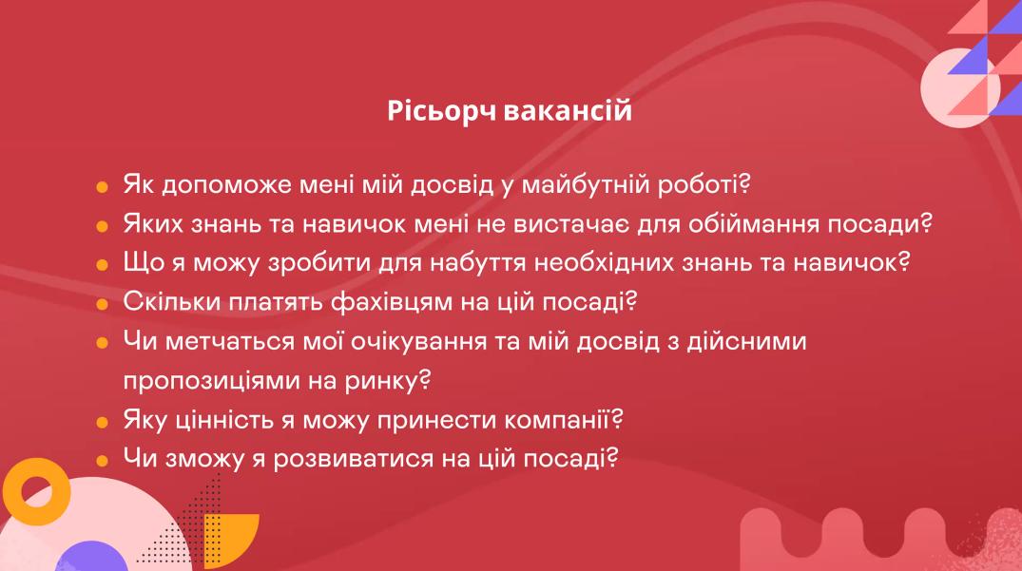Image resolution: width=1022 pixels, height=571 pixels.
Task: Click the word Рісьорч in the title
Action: point(442,110)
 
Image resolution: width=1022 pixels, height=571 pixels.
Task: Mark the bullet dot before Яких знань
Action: point(102,226)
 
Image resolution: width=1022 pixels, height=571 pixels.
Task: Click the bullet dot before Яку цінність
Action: point(102,423)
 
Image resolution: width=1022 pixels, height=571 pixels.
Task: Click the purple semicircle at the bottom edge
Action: point(91,558)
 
